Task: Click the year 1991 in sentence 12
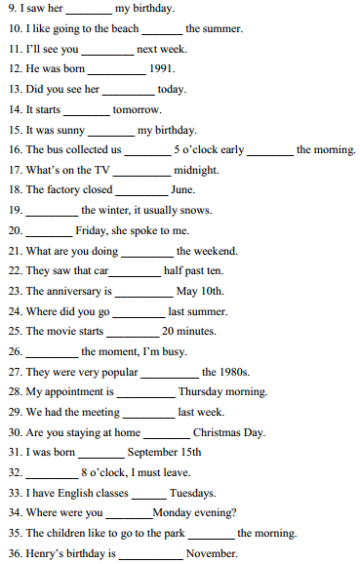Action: (163, 69)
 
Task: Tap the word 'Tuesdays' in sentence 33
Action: (193, 493)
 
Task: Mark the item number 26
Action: (14, 351)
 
